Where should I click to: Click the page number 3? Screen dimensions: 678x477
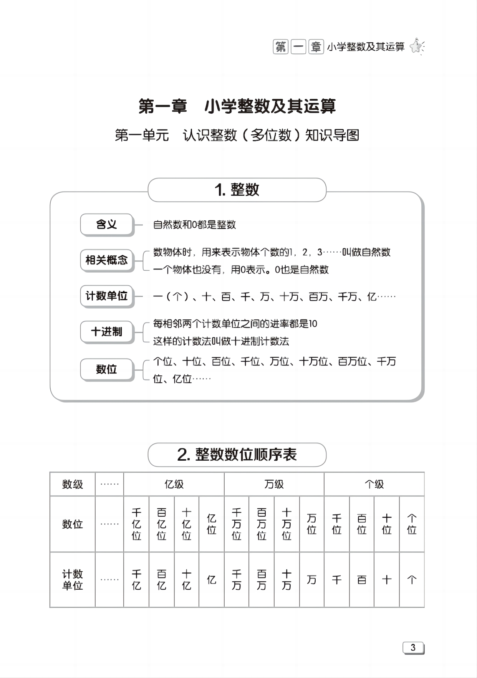tap(413, 648)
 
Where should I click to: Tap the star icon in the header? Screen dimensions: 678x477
tap(417, 47)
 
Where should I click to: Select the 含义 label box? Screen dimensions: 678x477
tap(106, 224)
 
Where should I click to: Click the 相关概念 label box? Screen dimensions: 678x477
tap(106, 260)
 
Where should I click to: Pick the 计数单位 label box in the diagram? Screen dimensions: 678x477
tap(106, 296)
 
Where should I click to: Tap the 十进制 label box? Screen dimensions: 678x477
tap(106, 331)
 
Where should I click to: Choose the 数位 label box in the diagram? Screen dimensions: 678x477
tap(106, 369)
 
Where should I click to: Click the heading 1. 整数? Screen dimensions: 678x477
tap(237, 190)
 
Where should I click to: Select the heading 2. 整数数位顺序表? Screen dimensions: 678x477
tap(237, 455)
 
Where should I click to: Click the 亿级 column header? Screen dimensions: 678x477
tap(174, 484)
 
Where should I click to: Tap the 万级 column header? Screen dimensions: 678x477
tap(274, 484)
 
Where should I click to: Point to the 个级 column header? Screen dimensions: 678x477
tap(374, 484)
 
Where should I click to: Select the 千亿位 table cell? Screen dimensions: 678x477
tap(136, 524)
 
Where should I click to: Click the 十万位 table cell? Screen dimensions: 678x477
tap(287, 524)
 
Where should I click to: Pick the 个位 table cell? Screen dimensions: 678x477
tap(412, 524)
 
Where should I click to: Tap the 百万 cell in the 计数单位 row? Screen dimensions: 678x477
tap(262, 580)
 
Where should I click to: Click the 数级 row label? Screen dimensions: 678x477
tap(73, 484)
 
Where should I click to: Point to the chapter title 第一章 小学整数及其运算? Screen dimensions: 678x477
tap(237, 106)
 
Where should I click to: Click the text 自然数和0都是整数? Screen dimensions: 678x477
tap(194, 225)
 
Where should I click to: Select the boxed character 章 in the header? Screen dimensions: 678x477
tap(316, 47)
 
